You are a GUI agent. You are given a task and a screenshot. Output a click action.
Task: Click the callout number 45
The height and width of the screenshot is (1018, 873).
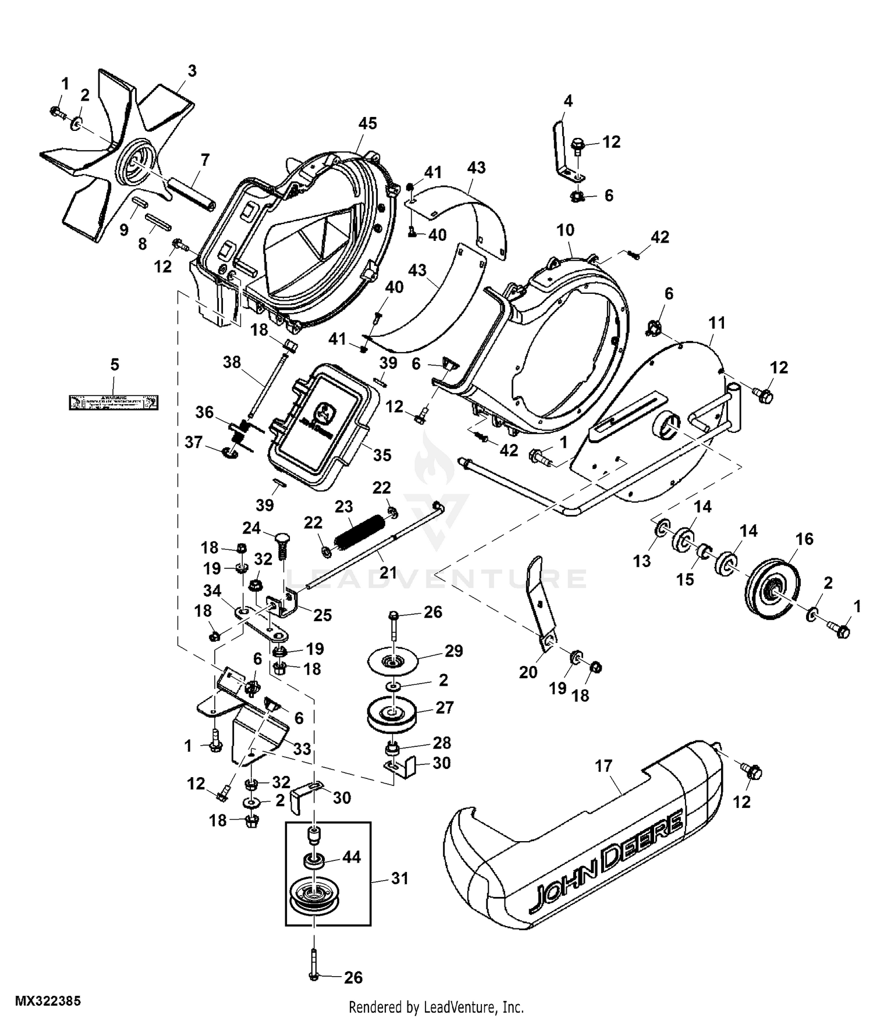click(367, 123)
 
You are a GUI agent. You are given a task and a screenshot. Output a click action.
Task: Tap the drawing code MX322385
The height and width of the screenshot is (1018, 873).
click(48, 1001)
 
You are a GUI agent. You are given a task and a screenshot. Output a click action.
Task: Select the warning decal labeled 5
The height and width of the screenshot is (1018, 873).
click(114, 402)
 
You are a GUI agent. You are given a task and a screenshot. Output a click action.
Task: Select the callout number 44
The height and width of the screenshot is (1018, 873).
click(352, 856)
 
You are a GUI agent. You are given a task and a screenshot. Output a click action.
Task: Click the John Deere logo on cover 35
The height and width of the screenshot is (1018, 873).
click(318, 415)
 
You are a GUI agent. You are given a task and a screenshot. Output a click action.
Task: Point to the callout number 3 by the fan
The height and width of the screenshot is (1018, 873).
click(191, 71)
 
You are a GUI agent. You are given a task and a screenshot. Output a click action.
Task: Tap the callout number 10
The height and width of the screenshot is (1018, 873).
click(565, 230)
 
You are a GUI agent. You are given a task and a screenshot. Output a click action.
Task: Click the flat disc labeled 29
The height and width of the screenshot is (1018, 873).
click(394, 661)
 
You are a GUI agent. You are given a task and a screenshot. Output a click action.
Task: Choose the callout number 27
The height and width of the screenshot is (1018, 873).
click(445, 707)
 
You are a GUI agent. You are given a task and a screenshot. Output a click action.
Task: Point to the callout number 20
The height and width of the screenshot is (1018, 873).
click(528, 672)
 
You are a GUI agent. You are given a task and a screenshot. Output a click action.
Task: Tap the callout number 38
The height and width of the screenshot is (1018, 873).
click(232, 362)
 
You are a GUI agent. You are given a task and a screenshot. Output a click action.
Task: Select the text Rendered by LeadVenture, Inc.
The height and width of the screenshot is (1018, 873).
click(436, 1006)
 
